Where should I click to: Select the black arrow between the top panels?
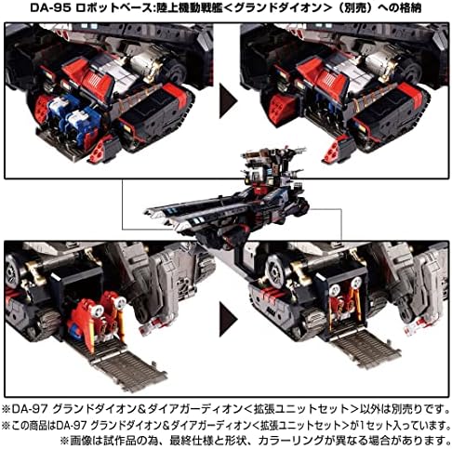click(x=228, y=101)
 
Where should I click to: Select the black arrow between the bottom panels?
click(x=228, y=320)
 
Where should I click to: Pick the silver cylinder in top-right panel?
click(x=379, y=63)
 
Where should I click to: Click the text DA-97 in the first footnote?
click(x=30, y=409)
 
